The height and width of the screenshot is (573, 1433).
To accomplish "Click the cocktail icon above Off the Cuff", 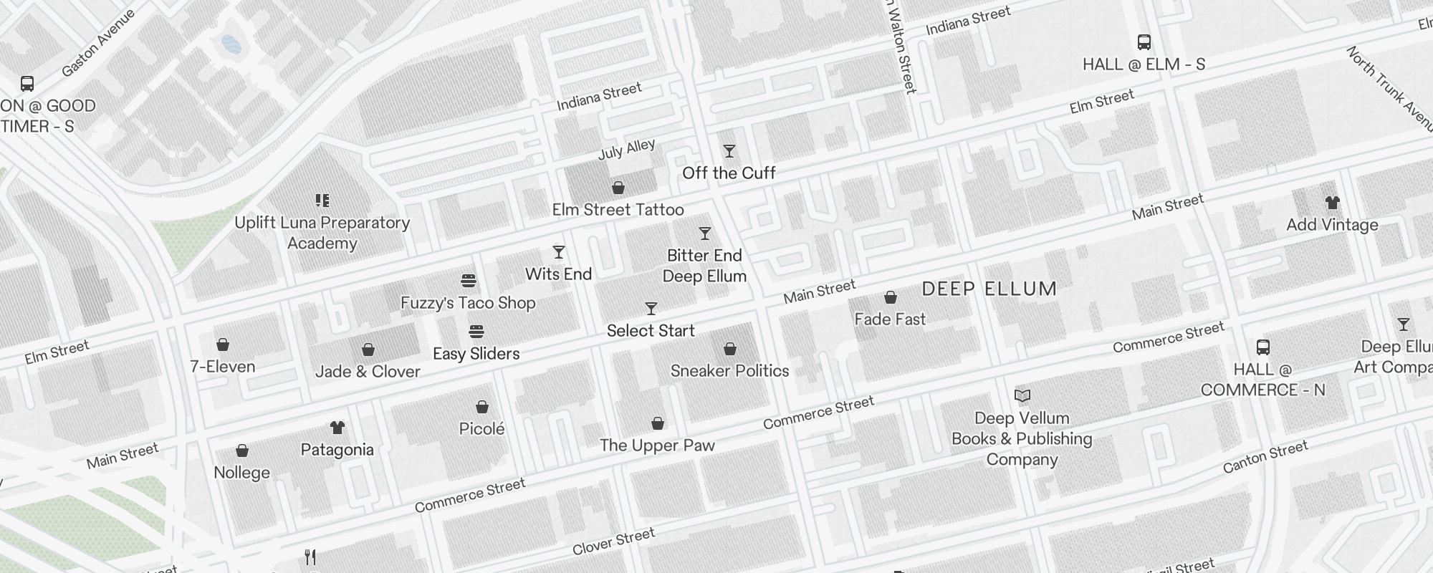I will pos(729,151).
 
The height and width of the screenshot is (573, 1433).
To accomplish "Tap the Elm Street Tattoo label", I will pos(618,210).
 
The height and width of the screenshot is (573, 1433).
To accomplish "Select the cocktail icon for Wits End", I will pos(558,252).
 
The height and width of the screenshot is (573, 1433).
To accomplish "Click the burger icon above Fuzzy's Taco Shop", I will pos(468,280).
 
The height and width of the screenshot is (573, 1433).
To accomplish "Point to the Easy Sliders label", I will pos(476,354).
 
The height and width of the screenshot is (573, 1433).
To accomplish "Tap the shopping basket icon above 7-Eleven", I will pos(223,345).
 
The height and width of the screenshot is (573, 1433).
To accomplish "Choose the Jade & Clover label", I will pos(368,372).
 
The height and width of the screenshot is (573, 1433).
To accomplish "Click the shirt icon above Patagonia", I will pos(337,428).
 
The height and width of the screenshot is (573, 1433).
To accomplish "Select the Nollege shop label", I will pos(241,473).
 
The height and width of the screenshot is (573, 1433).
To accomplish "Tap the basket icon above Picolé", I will pos(482,407).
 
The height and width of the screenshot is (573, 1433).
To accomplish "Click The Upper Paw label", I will pos(657,446).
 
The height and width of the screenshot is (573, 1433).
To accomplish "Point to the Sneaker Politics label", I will pos(729,371).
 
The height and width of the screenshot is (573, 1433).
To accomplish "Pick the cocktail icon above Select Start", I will pos(651,309).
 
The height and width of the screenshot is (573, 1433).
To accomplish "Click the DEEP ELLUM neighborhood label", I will pos(989,289).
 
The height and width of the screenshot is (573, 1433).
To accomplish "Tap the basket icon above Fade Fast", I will pos(890,297).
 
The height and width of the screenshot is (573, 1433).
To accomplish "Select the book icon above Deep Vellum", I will pos(1022,395).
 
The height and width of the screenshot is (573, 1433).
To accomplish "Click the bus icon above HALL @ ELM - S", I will pos(1144,42).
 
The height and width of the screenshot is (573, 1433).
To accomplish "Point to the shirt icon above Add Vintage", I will pos(1332,203).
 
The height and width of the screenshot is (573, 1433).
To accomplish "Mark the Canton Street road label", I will pos(1265,457).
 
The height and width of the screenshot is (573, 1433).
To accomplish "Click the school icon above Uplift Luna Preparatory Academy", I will pos(322,201).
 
